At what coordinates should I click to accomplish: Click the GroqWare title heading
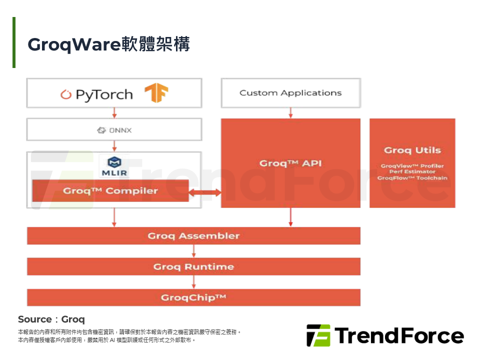pyautogui.click(x=108, y=44)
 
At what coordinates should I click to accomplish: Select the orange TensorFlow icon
pyautogui.click(x=156, y=93)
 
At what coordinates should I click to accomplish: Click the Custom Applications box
pyautogui.click(x=290, y=93)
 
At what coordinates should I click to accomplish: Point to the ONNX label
pyautogui.click(x=114, y=130)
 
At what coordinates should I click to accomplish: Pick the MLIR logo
pyautogui.click(x=114, y=166)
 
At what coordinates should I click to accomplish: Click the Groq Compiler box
pyautogui.click(x=110, y=191)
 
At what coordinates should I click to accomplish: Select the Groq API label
pyautogui.click(x=290, y=163)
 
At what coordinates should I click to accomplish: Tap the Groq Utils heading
pyautogui.click(x=412, y=150)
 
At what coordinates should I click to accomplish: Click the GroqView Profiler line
pyautogui.click(x=412, y=166)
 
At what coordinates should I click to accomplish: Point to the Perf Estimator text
pyautogui.click(x=412, y=172)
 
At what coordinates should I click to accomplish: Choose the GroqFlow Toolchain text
pyautogui.click(x=412, y=178)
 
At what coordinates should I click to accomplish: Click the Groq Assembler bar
pyautogui.click(x=193, y=236)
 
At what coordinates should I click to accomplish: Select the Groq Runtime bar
pyautogui.click(x=193, y=266)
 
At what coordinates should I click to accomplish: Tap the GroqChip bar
pyautogui.click(x=193, y=297)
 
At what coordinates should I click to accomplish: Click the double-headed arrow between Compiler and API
pyautogui.click(x=205, y=192)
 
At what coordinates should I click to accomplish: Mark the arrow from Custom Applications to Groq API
pyautogui.click(x=290, y=113)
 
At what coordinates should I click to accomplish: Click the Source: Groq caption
pyautogui.click(x=51, y=319)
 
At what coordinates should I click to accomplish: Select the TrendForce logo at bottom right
pyautogui.click(x=385, y=335)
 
